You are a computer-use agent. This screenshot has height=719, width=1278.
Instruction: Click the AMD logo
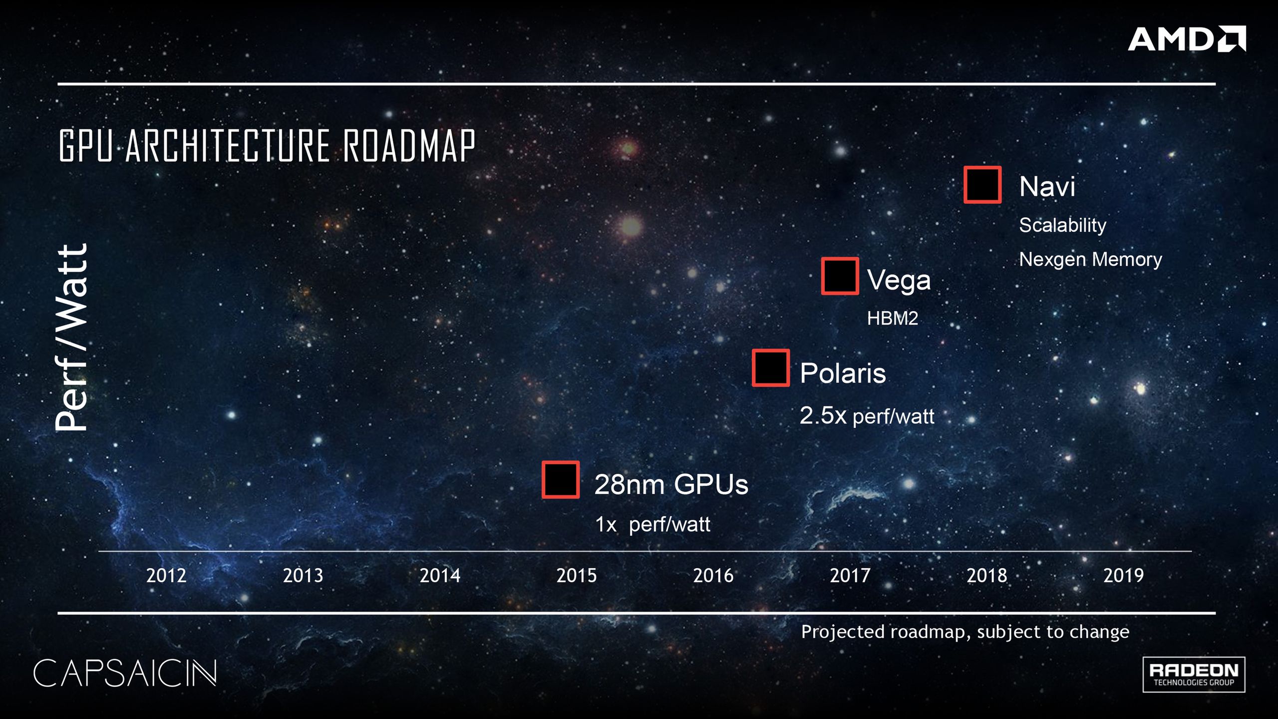pos(1187,39)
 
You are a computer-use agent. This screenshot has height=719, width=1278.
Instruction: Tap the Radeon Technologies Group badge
pos(1194,675)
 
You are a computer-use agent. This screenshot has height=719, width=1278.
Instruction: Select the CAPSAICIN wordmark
pos(125,673)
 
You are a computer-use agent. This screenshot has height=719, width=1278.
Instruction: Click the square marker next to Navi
pos(982,185)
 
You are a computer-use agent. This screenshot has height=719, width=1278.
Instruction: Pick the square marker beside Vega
pos(840,276)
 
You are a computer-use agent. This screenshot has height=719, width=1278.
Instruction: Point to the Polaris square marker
pos(771,368)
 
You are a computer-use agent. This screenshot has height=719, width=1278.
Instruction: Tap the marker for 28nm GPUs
pos(561,480)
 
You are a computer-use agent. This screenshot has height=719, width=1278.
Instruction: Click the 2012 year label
pos(166,576)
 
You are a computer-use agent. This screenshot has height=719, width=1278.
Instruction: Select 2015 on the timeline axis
pos(577,576)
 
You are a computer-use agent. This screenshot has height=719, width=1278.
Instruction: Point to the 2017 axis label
pos(850,576)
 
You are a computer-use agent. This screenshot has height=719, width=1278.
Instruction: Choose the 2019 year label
pos(1123,576)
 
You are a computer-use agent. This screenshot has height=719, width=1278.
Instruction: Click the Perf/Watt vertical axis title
pos(71,337)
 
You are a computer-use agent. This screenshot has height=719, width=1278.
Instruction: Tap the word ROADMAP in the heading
pos(409,145)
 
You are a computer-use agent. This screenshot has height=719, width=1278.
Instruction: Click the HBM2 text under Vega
pos(893,319)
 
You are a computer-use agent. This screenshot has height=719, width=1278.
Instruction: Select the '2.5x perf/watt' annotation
pos(867,415)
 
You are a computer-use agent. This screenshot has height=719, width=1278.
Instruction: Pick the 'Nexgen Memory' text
pos(1090,260)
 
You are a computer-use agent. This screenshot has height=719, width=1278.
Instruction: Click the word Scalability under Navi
pos(1062,225)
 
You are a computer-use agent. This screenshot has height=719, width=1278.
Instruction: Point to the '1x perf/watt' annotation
pos(652,524)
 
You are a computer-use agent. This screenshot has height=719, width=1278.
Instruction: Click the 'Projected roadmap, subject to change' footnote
pos(965,632)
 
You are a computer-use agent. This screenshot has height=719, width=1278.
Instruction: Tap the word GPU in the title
pos(86,145)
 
